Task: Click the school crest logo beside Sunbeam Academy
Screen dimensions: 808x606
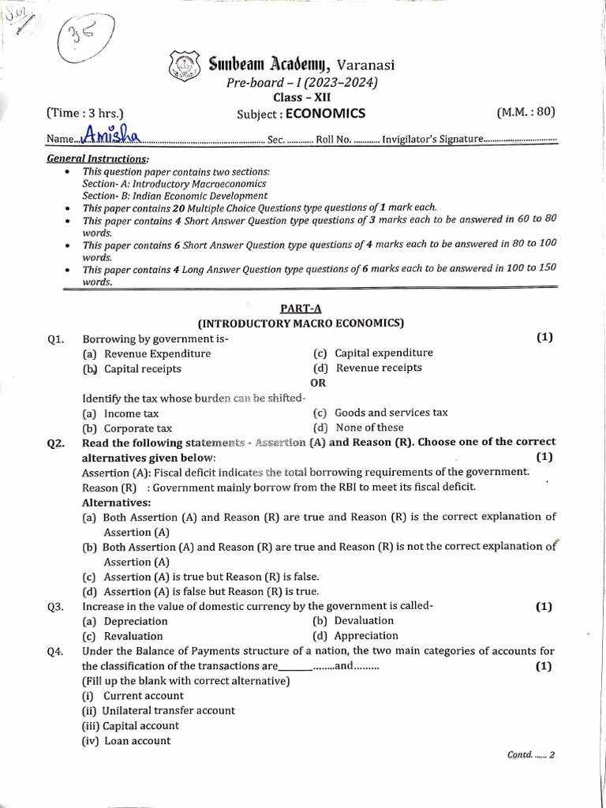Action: pyautogui.click(x=183, y=65)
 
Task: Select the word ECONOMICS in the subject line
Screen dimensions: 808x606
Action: pyautogui.click(x=325, y=114)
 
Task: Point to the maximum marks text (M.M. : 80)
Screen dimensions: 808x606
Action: pyautogui.click(x=526, y=112)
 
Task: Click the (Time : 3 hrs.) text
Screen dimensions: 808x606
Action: pyautogui.click(x=85, y=113)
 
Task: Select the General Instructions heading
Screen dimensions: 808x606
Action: pyautogui.click(x=97, y=159)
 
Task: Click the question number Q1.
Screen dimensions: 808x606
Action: pyautogui.click(x=55, y=339)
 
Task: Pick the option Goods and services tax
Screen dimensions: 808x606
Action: pyautogui.click(x=391, y=412)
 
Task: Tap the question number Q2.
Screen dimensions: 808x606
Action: pyautogui.click(x=55, y=443)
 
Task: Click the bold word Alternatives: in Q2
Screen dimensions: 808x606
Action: pyautogui.click(x=117, y=502)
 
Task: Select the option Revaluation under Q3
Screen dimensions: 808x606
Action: pyautogui.click(x=133, y=636)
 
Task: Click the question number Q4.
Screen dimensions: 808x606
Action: pyautogui.click(x=55, y=652)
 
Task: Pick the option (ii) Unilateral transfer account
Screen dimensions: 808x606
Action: pyautogui.click(x=159, y=710)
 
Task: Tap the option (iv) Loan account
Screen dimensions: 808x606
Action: pyautogui.click(x=126, y=740)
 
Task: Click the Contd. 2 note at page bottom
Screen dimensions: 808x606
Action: pyautogui.click(x=531, y=754)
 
